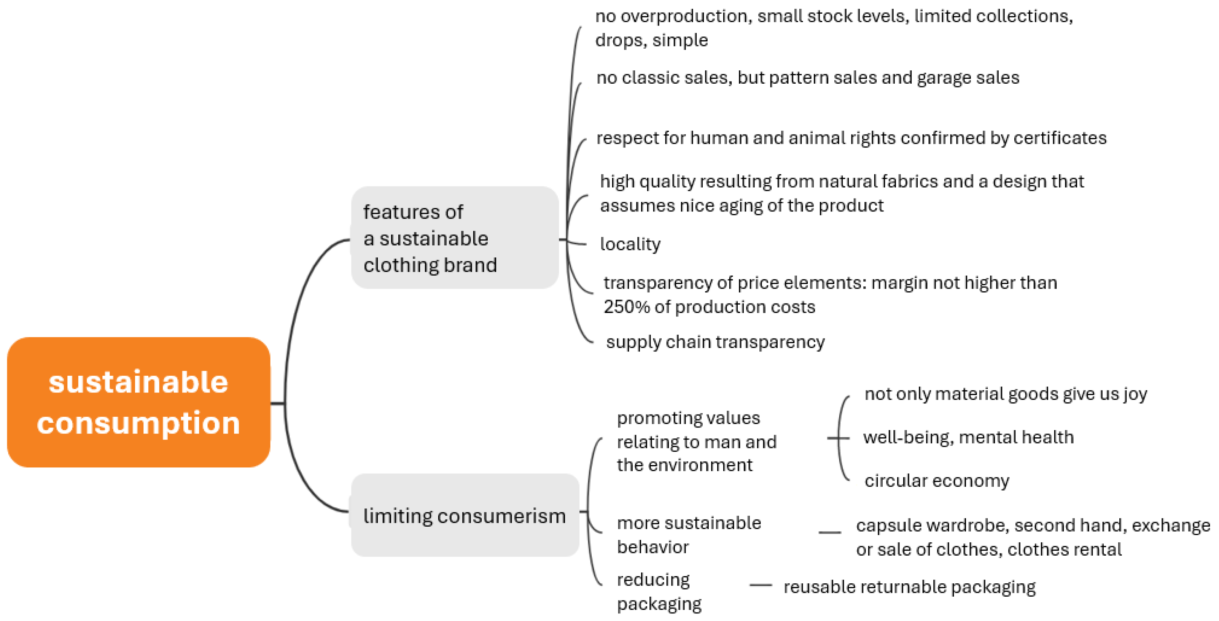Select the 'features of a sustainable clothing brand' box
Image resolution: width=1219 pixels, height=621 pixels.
coord(454,238)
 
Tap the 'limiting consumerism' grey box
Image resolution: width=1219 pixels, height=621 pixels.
coord(464,516)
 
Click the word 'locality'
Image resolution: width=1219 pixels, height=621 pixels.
coord(630,244)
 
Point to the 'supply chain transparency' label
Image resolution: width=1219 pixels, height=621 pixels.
coord(715,342)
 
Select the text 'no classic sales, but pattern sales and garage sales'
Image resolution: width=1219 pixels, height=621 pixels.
coord(807,78)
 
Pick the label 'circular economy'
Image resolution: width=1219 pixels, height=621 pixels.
coord(936,481)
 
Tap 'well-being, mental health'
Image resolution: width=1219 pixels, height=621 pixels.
coord(968,437)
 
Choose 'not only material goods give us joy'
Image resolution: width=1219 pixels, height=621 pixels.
coord(1006,394)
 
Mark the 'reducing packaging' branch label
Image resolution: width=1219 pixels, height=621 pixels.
coord(659,592)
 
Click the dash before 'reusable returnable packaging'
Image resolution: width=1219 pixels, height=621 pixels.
coord(761,586)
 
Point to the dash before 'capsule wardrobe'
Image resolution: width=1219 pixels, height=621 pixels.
coord(829,532)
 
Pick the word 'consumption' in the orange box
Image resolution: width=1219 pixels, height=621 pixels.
coord(138,422)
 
